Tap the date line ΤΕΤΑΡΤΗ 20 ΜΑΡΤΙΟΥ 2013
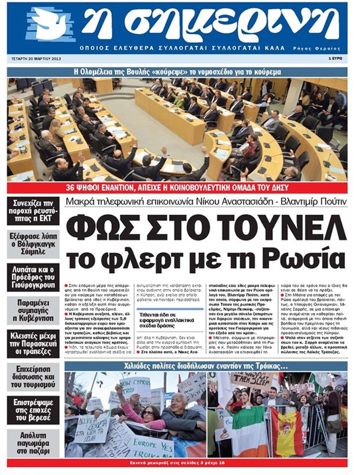pos(39,58)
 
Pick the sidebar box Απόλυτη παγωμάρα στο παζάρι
pos(33,443)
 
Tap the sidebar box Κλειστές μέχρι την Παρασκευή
pos(33,343)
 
